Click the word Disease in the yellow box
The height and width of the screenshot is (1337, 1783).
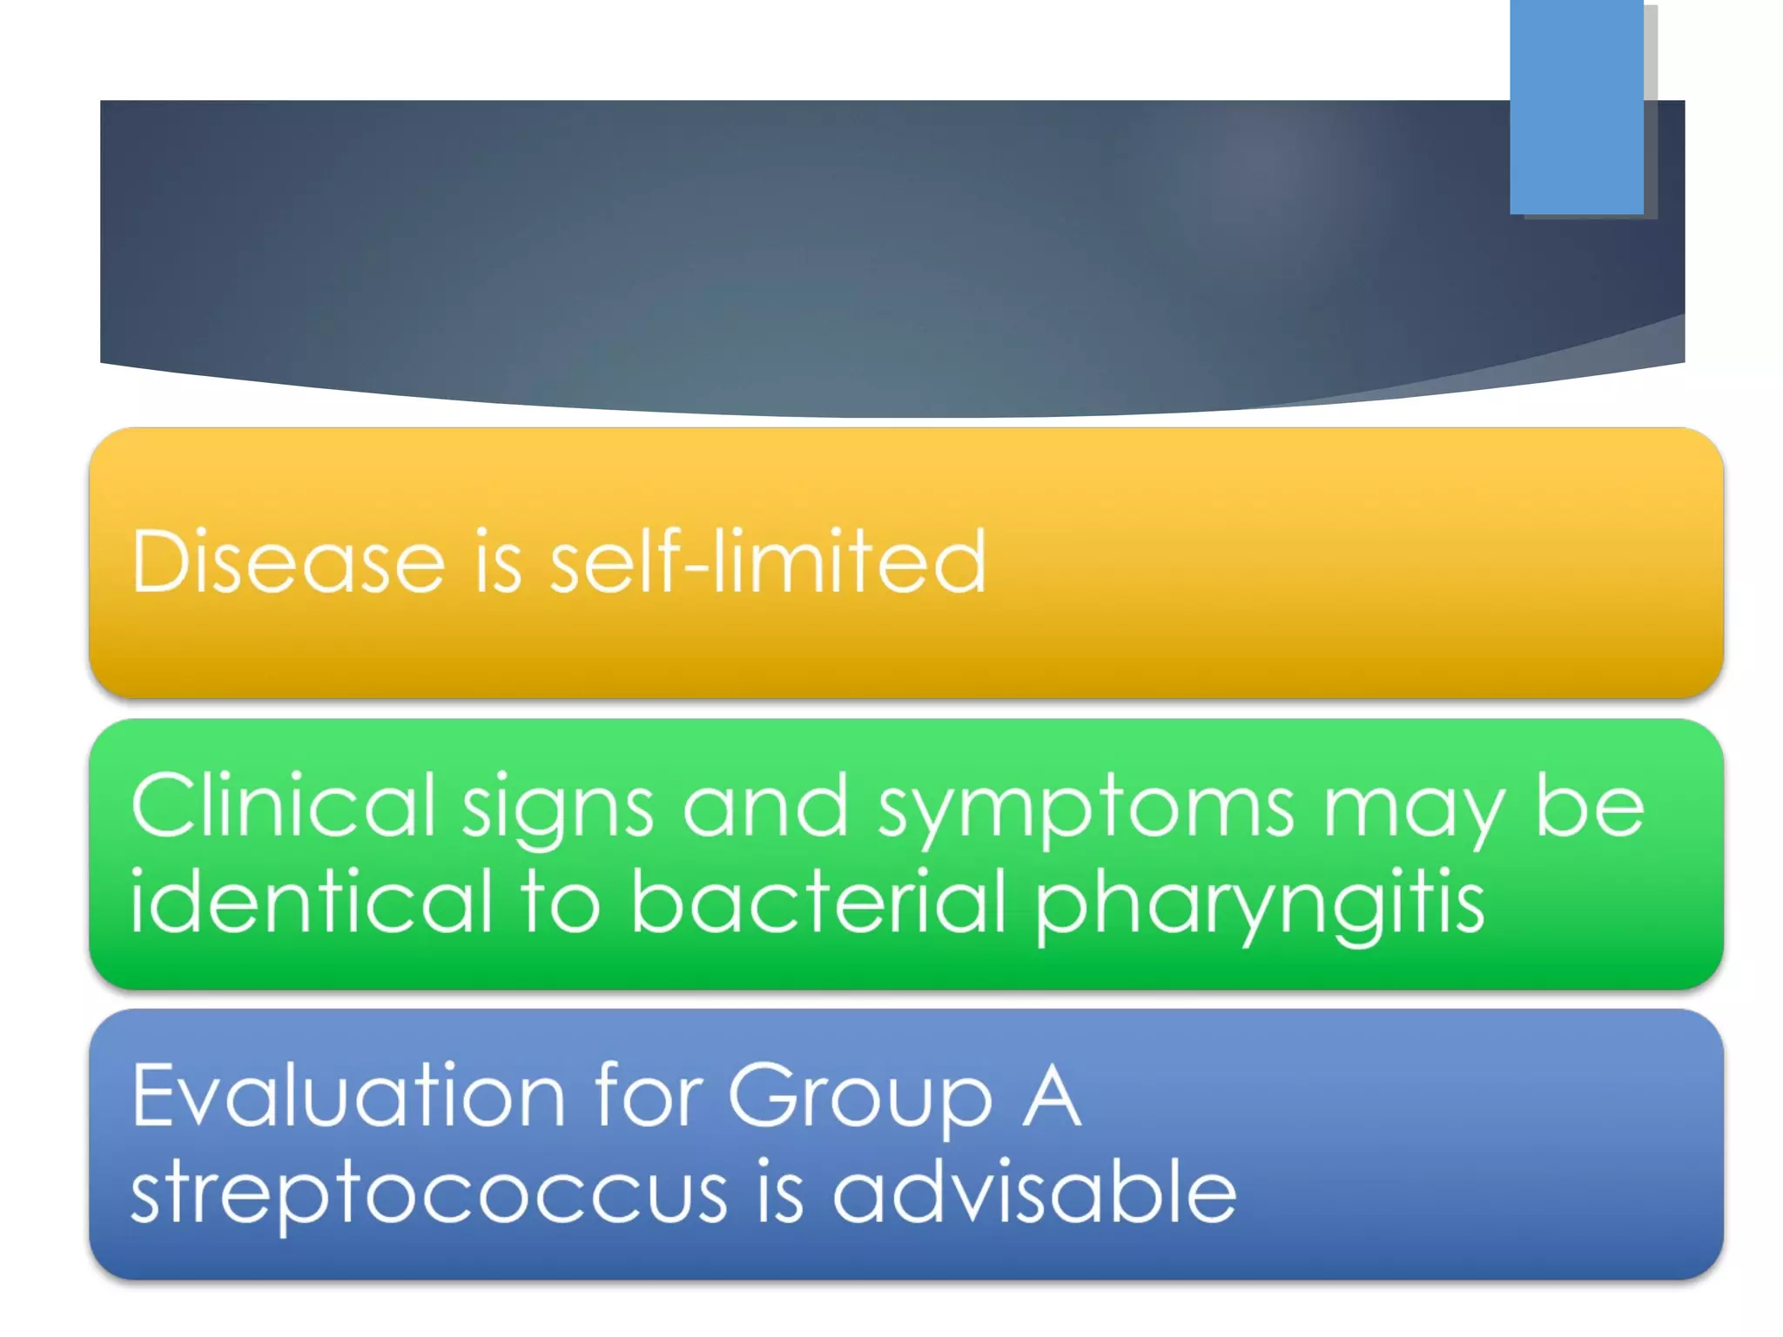(287, 562)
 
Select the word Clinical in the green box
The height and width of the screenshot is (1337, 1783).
(283, 806)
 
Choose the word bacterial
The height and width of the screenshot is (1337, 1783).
(817, 902)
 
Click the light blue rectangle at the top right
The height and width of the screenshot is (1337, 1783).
(1577, 106)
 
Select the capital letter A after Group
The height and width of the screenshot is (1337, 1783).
(1052, 1097)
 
